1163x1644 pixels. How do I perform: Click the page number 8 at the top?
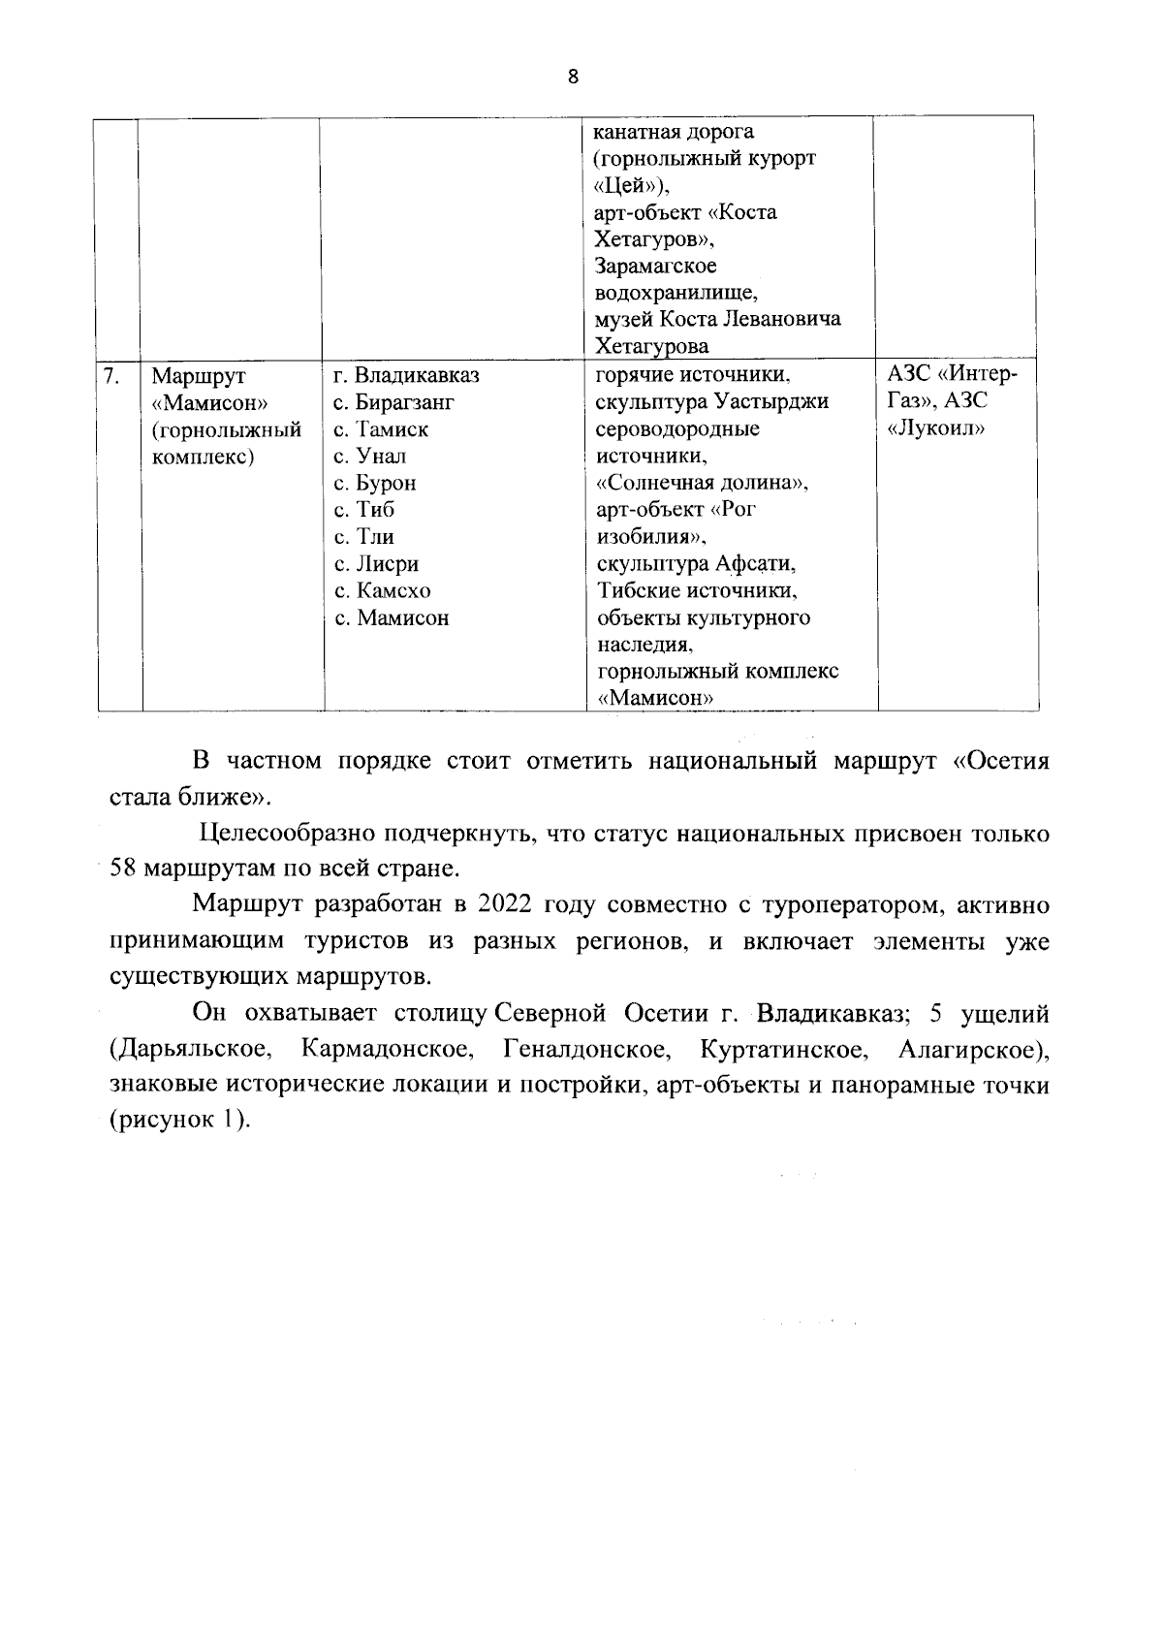tap(573, 78)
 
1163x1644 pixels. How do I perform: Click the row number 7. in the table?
tap(112, 375)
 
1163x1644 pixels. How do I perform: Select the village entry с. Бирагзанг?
tap(393, 402)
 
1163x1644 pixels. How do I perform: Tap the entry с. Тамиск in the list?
tap(381, 429)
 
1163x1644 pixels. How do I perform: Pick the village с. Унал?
tap(370, 456)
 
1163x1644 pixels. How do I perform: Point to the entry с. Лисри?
tap(376, 564)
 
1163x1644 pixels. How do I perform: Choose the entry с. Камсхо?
tap(383, 590)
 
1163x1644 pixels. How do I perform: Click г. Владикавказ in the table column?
tap(406, 375)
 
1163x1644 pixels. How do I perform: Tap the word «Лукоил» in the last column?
tap(935, 428)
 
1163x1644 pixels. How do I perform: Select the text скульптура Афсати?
tap(696, 564)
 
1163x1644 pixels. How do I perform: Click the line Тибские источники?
tap(696, 590)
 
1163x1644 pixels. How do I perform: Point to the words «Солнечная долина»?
tap(702, 483)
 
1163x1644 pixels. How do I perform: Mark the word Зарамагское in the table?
tap(655, 266)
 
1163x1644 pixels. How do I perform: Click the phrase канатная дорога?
tap(673, 131)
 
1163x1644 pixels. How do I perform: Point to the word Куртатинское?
tap(782, 1049)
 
